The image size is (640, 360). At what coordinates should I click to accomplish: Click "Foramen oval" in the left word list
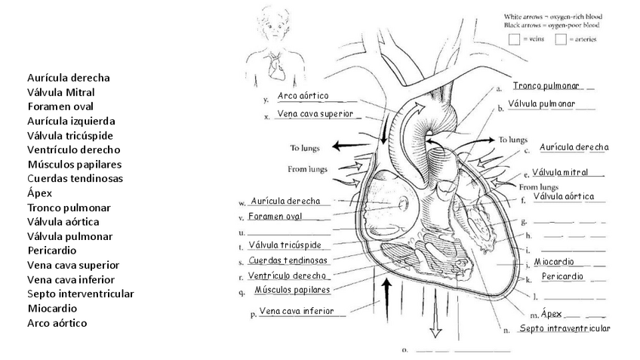(x=60, y=106)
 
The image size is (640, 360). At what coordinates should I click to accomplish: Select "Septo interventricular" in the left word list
(x=80, y=294)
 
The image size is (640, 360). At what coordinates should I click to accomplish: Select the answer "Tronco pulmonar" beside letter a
(x=545, y=86)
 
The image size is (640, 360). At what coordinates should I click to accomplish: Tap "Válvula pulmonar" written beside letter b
(x=543, y=103)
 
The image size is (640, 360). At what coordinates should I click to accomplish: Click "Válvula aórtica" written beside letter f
(x=563, y=197)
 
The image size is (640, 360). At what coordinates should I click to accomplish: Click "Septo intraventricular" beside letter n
(x=565, y=328)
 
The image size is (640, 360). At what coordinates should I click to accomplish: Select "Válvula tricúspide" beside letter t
(x=285, y=245)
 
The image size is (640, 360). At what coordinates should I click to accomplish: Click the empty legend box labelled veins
(x=513, y=39)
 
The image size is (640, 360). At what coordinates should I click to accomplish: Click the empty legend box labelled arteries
(x=561, y=39)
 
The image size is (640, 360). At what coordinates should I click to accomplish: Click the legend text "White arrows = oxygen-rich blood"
(x=558, y=16)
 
